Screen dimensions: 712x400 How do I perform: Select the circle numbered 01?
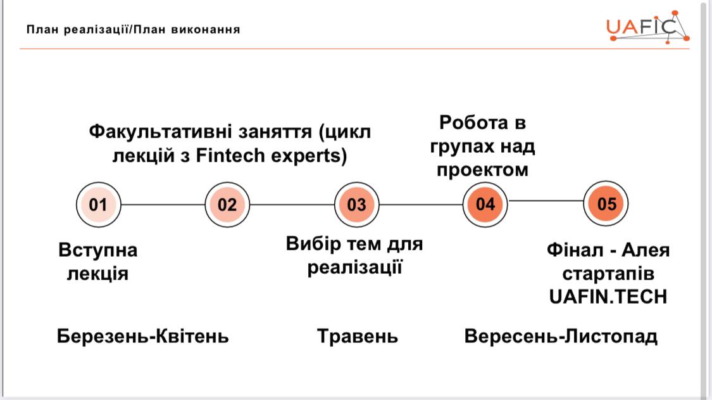[98, 205]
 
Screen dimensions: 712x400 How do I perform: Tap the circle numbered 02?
[227, 205]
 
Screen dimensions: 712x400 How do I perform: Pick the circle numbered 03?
[356, 205]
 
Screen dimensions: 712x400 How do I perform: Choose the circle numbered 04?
[485, 204]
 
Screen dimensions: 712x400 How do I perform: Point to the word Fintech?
[230, 156]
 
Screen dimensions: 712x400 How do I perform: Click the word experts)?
[309, 157]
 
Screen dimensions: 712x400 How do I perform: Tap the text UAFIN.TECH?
[608, 297]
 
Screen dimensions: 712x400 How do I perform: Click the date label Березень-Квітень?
[142, 337]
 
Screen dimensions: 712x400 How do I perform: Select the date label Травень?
[358, 337]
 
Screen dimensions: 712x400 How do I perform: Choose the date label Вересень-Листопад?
[561, 337]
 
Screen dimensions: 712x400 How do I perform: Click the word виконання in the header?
[205, 30]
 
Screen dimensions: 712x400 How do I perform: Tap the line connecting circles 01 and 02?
[163, 205]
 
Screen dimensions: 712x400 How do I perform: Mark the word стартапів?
[608, 274]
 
